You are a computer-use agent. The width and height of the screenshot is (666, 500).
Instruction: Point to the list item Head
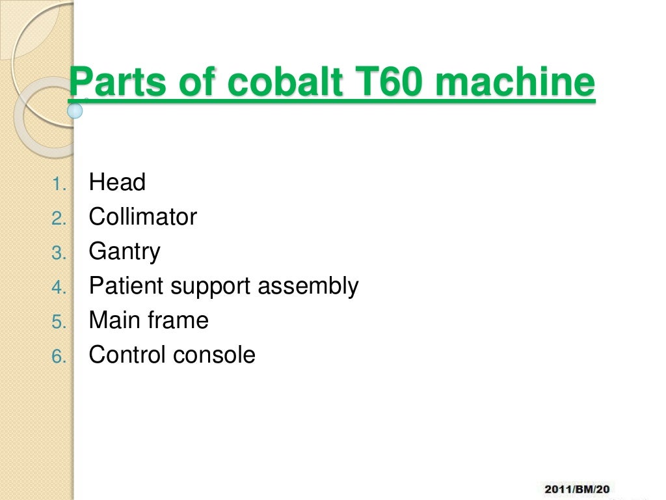coord(117,182)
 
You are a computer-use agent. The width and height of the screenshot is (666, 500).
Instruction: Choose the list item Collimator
coord(142,217)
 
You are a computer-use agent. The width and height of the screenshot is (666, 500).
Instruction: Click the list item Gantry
coord(124,251)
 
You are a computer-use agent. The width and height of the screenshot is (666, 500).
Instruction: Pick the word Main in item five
coord(113,320)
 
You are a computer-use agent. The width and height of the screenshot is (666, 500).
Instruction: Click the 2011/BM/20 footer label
coord(577,488)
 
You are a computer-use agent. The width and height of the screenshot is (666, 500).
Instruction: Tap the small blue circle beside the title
coord(75,110)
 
